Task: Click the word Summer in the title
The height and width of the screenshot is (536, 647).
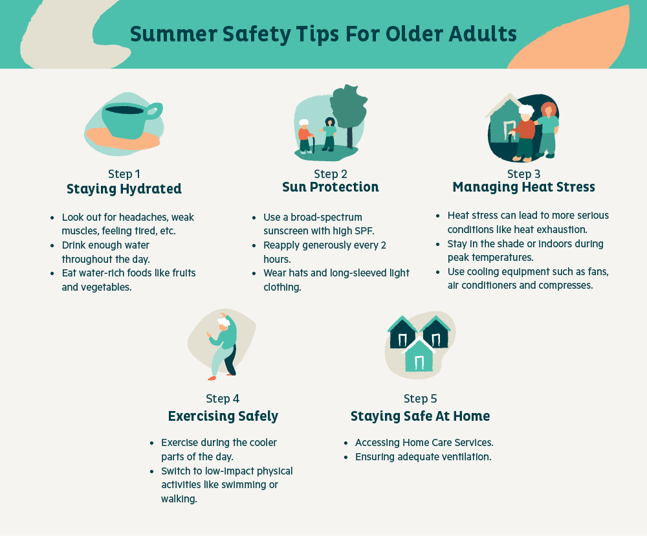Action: (x=173, y=34)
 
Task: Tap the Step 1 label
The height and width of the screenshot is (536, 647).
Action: (x=124, y=174)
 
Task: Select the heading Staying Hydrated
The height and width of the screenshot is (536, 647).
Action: (x=124, y=189)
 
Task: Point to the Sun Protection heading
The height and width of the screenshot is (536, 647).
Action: (x=330, y=187)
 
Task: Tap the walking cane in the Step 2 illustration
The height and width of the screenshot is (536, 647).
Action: (x=313, y=144)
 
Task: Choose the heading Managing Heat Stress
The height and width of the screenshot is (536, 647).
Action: (x=523, y=187)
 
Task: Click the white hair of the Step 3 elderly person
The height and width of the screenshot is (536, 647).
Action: (x=526, y=111)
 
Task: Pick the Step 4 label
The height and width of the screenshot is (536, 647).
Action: (x=223, y=399)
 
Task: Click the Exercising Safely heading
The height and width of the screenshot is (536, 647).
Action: (x=223, y=416)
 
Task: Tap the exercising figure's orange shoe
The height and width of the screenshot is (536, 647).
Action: (x=212, y=378)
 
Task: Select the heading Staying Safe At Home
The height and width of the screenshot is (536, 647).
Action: (x=420, y=416)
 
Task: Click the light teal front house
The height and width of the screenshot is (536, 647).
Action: (x=419, y=355)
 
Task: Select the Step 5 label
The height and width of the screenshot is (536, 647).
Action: (x=420, y=399)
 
